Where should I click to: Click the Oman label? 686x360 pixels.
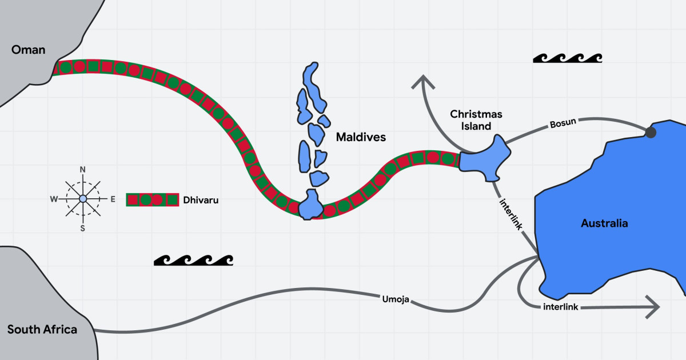(28, 50)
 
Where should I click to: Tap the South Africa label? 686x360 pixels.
(42, 330)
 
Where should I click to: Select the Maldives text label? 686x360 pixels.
(361, 137)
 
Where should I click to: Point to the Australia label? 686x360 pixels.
(604, 223)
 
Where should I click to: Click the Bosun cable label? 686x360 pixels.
(563, 123)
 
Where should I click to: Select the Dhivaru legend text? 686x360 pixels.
(201, 200)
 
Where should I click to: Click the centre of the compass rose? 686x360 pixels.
(83, 198)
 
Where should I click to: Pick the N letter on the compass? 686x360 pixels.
(83, 170)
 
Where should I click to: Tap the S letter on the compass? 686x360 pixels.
(83, 228)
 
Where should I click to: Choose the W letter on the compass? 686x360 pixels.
(54, 199)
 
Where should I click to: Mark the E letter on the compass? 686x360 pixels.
(113, 199)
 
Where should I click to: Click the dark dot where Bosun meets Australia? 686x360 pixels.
(650, 133)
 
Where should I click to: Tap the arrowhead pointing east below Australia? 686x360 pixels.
(652, 307)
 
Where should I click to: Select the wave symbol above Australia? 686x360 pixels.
(567, 58)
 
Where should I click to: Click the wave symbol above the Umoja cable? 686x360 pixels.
(193, 260)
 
